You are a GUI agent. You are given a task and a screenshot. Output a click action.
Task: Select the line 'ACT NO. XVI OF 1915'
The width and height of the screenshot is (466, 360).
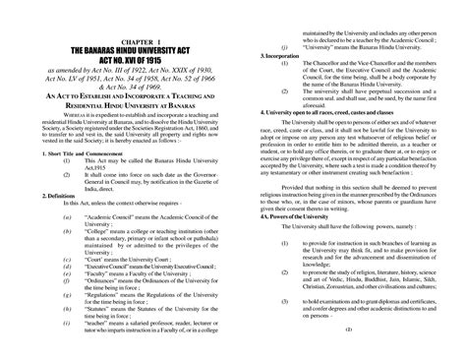tap(116, 61)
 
